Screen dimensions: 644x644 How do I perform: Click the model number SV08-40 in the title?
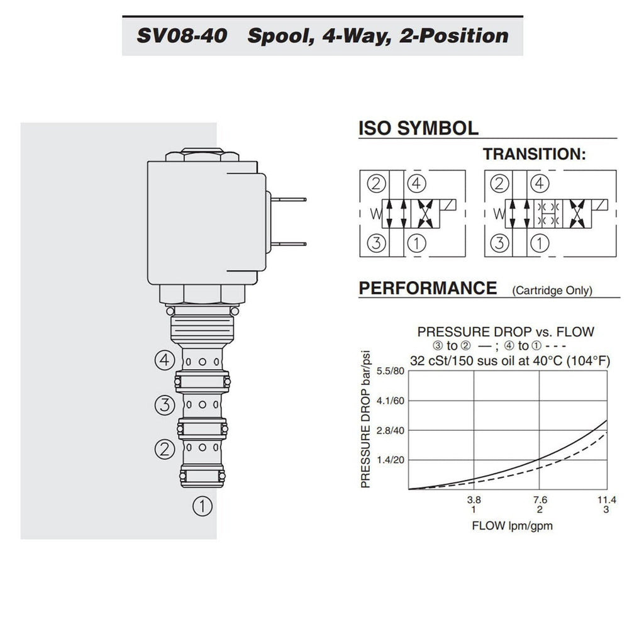tap(182, 35)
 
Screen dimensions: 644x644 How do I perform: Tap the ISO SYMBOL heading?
tap(418, 128)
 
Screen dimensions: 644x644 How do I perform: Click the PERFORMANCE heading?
tap(428, 288)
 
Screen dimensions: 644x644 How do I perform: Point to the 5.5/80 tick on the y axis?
tap(390, 371)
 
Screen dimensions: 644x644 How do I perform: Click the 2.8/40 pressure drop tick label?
tap(390, 430)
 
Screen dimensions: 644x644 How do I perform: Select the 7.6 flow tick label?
tap(540, 500)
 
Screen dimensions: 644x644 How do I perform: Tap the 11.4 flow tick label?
tap(607, 500)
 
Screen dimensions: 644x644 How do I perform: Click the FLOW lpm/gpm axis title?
tap(512, 526)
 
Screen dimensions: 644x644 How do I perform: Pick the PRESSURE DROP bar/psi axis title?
tap(365, 419)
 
